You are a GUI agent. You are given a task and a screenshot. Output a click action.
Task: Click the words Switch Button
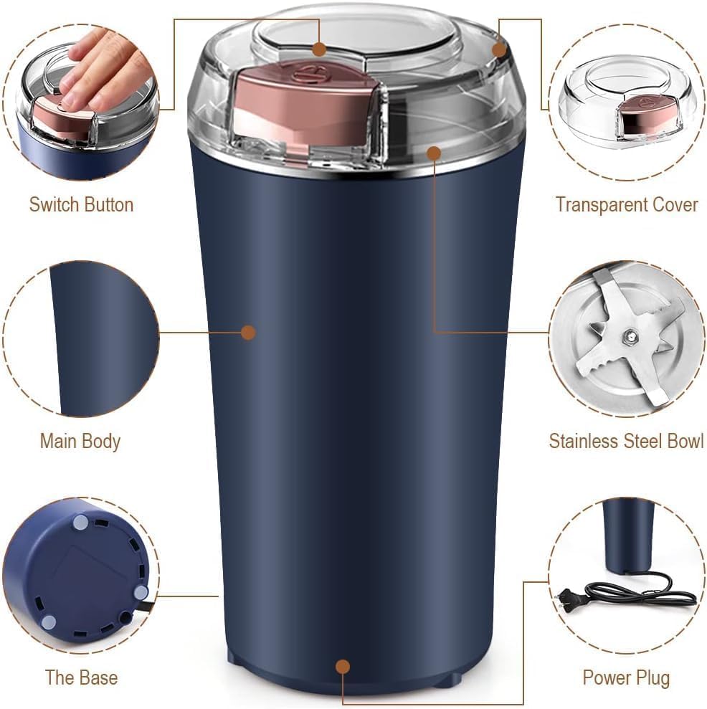click(81, 204)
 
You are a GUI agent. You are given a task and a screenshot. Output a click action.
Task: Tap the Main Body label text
click(80, 441)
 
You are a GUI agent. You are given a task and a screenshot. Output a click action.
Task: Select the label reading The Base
click(81, 677)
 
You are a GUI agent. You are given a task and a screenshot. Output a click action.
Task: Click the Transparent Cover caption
click(626, 204)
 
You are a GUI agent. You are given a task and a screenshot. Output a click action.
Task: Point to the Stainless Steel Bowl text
click(626, 441)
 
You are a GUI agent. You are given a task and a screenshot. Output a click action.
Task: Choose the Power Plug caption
click(626, 677)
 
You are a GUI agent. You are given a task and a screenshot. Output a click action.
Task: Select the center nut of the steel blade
click(629, 335)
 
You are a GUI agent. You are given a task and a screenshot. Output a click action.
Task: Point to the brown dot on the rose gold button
click(320, 49)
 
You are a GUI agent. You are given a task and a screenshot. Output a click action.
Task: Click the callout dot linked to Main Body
click(248, 332)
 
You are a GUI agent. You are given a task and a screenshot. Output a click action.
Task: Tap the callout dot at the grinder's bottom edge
click(343, 667)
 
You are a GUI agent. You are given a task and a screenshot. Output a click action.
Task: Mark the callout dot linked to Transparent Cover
click(500, 49)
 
